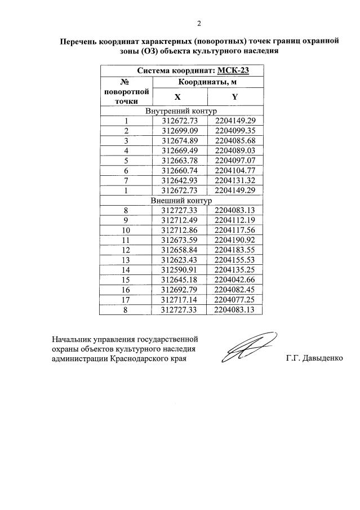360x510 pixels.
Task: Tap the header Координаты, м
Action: [x=206, y=82]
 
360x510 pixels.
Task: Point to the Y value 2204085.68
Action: [x=235, y=140]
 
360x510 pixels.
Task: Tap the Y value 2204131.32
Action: [x=235, y=180]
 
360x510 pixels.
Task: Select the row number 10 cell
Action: [x=126, y=230]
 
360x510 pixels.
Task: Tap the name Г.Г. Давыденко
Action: [x=314, y=358]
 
